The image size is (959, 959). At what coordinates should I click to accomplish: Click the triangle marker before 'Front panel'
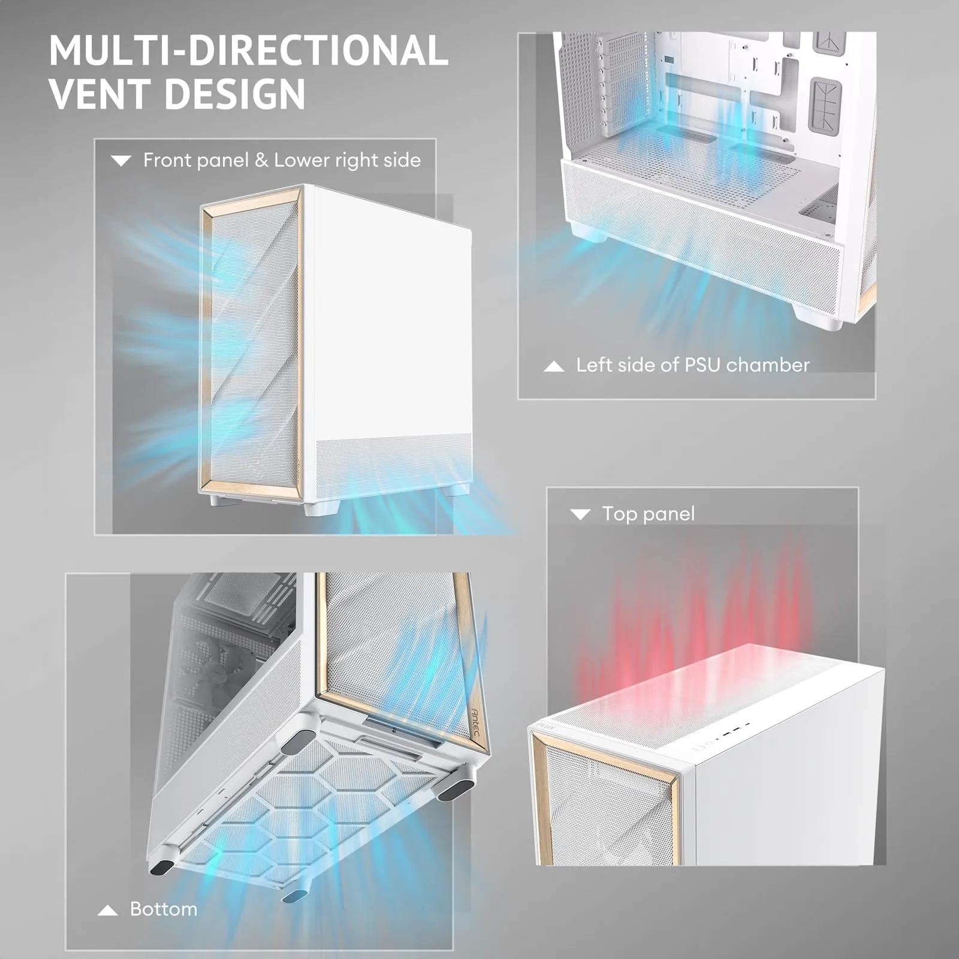(121, 161)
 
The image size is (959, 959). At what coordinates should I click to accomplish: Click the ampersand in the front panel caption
(261, 161)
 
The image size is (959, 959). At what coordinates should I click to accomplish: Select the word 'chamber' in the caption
(768, 364)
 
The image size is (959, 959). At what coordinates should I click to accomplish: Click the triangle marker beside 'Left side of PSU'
(554, 366)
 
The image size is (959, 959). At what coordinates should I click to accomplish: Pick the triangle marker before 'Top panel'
(580, 514)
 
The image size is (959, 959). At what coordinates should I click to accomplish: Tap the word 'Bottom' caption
(164, 909)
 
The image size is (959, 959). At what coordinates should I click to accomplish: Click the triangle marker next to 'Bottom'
(107, 910)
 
